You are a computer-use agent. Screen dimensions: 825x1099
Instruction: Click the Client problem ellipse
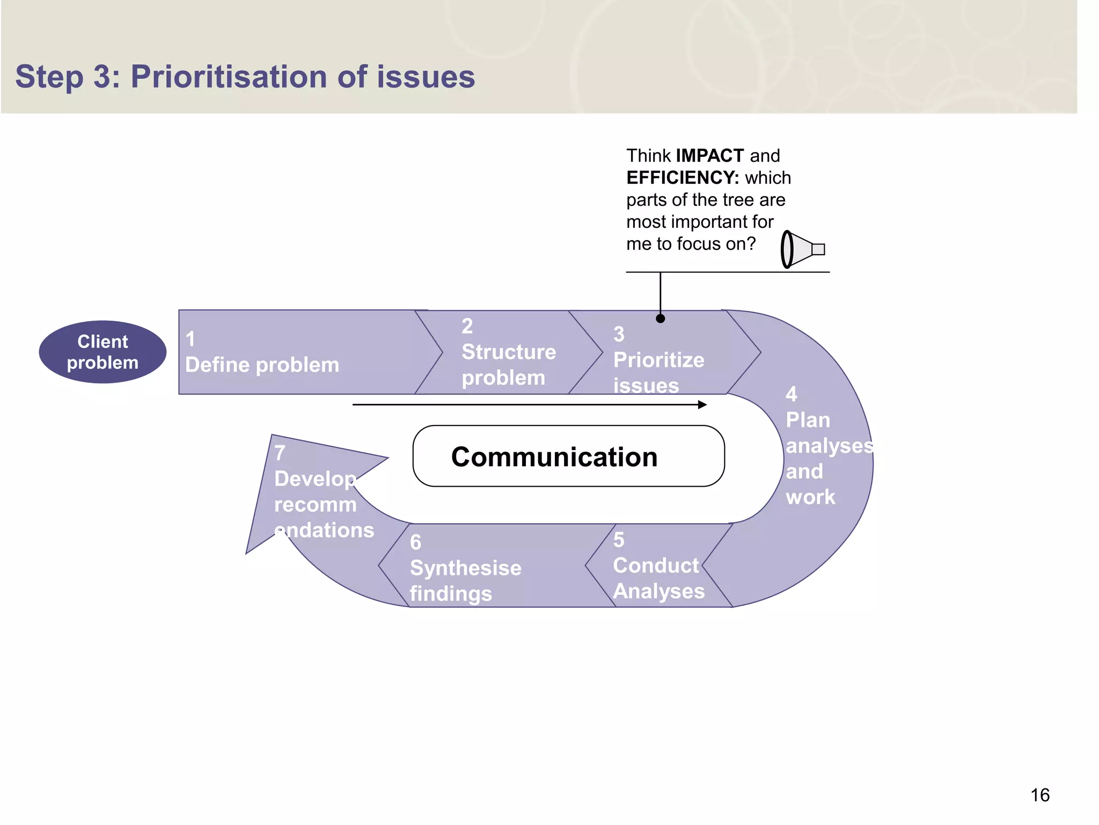coord(102,352)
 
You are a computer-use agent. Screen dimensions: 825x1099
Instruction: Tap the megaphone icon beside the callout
coord(802,249)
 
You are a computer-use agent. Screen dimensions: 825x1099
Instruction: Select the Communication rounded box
coord(568,457)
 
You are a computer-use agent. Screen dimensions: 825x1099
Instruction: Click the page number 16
coord(1039,795)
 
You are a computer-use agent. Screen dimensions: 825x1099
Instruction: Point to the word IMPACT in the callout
coord(709,156)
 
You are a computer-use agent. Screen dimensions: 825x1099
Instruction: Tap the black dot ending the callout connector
coord(661,319)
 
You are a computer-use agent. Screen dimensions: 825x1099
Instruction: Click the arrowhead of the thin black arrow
coord(702,404)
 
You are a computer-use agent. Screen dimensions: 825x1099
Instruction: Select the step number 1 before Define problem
coord(190,339)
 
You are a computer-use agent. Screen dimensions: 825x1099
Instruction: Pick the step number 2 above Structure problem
coord(467,326)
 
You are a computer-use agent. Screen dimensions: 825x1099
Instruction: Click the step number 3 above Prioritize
coord(619,334)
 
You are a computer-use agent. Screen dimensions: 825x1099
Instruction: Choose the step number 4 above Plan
coord(791,394)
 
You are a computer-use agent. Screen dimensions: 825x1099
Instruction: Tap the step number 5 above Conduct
coord(619,540)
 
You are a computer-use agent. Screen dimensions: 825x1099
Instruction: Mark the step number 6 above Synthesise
coord(415,542)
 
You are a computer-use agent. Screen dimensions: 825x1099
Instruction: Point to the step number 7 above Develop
coord(280,453)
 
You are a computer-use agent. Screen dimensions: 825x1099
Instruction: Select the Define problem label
coord(262,365)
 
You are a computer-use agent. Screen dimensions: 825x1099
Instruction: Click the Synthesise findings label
coord(465,581)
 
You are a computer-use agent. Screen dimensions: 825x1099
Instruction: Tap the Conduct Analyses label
coord(658,578)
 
